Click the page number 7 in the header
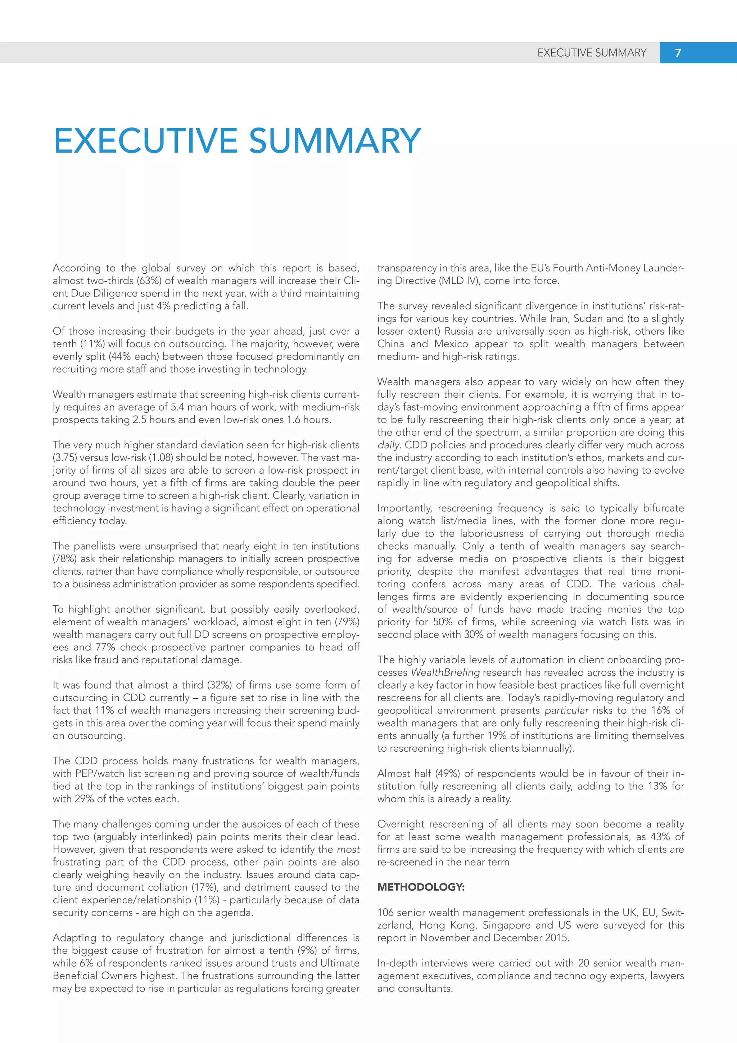(678, 53)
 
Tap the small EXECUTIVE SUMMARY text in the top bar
(591, 53)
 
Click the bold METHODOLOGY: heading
(421, 887)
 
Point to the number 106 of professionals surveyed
(385, 913)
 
